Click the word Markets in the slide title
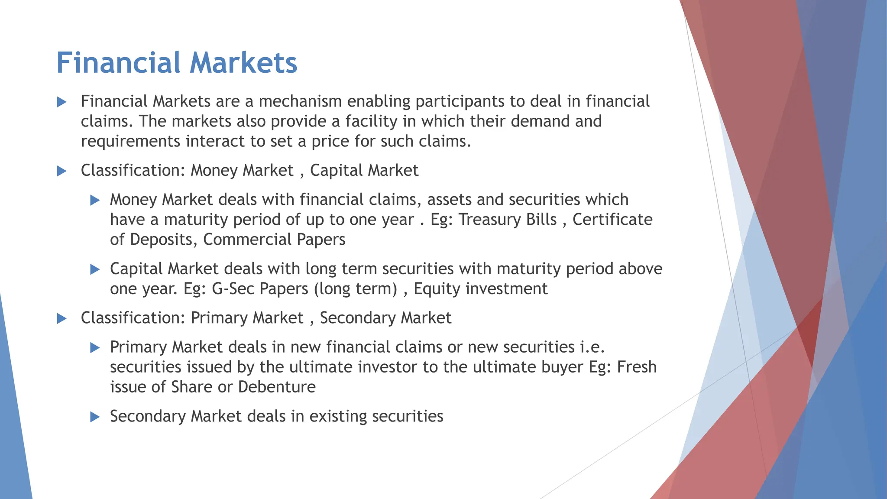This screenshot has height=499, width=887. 243,63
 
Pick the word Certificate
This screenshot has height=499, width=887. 612,220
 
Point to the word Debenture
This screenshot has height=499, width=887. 277,387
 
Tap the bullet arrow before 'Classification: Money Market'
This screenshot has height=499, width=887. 62,171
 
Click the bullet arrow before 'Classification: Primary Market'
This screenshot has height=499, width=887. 62,319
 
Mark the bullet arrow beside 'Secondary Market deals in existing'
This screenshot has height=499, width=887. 95,417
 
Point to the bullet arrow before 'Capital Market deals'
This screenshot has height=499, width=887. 95,269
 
